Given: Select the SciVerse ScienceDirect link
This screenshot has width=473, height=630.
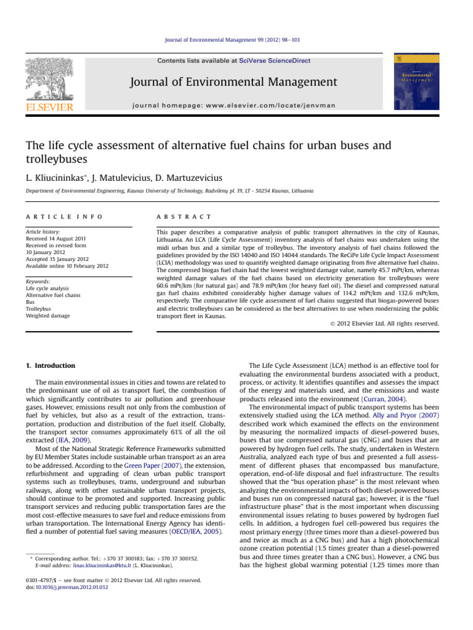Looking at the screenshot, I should click(x=275, y=61).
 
